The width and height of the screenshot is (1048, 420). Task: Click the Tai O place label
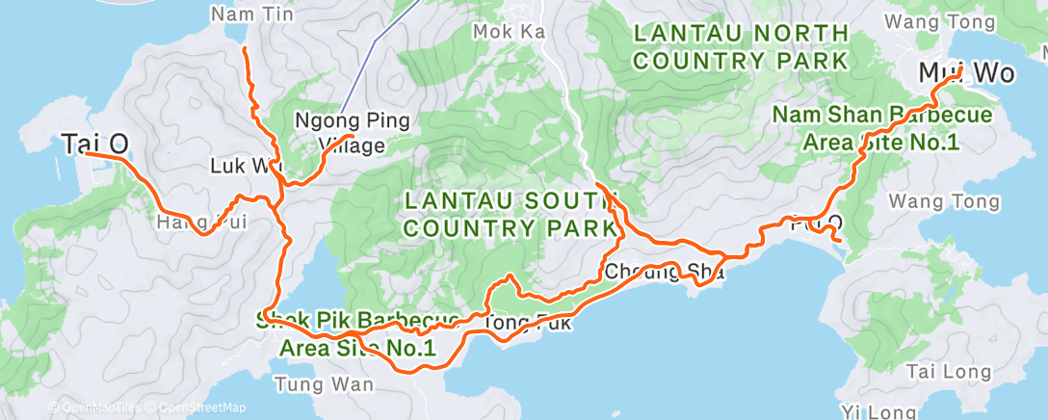[x=95, y=144]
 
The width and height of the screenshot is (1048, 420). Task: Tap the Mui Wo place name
[x=959, y=73]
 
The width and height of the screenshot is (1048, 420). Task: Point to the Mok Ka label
[x=509, y=32]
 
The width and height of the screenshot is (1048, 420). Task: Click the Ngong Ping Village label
[x=352, y=133]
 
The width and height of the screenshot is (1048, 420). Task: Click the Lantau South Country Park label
[x=511, y=214]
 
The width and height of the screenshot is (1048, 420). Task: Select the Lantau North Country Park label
[x=741, y=47]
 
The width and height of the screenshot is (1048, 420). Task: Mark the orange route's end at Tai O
[x=86, y=153]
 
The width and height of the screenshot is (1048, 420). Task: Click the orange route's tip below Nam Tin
[x=244, y=47]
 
